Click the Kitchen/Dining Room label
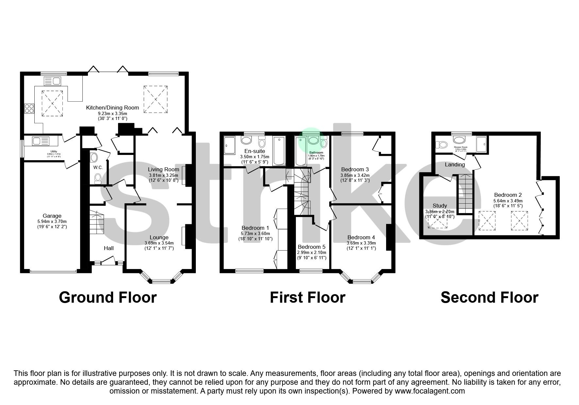(x=112, y=108)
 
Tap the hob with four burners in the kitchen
(x=29, y=108)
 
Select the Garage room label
(x=52, y=216)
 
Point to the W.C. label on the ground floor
(x=98, y=167)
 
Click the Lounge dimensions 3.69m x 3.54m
(x=159, y=243)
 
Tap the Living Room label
(x=163, y=169)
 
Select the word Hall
(x=109, y=248)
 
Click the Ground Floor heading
(x=108, y=297)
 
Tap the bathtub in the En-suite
(x=279, y=151)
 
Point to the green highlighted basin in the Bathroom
(x=313, y=141)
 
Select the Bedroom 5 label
(x=312, y=247)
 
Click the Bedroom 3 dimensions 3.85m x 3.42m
(x=355, y=175)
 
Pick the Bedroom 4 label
(x=361, y=237)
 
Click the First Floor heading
(x=307, y=297)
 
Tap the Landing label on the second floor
(x=455, y=164)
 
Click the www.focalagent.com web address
(x=430, y=391)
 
